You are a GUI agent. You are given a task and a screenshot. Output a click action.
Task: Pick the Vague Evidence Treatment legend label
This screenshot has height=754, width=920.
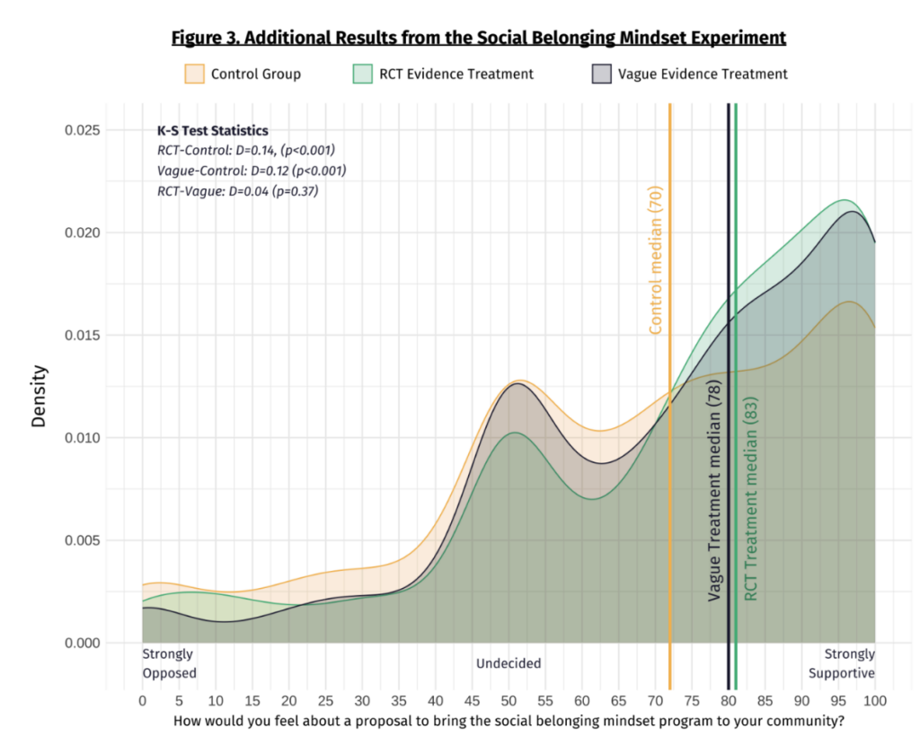[703, 74]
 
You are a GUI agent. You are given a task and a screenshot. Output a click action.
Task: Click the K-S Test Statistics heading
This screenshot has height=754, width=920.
[212, 131]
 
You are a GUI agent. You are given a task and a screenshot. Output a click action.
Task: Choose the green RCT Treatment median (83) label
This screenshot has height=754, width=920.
[750, 498]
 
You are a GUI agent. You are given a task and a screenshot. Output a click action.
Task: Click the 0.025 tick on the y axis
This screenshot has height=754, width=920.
[82, 130]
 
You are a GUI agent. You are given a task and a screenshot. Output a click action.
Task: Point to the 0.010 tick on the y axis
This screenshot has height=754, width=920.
[82, 438]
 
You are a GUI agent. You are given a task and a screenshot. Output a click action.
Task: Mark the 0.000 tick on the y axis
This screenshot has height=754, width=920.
[82, 643]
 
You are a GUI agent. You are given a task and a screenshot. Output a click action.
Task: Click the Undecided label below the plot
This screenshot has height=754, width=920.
[509, 663]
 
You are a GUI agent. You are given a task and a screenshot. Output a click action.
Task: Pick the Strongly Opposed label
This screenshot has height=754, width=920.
[169, 663]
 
